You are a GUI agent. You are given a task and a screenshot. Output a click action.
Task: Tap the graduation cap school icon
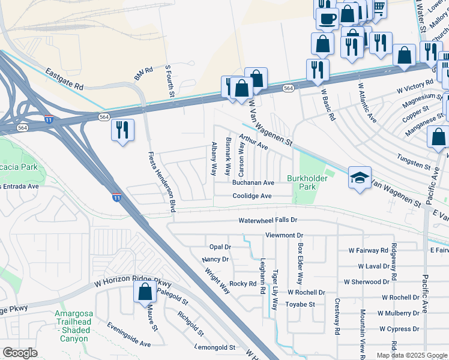(360, 178)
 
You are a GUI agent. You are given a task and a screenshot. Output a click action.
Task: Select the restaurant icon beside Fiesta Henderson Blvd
(122, 130)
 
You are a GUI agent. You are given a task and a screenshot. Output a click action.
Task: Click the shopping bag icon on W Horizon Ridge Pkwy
(145, 292)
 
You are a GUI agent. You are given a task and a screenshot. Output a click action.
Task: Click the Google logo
(20, 352)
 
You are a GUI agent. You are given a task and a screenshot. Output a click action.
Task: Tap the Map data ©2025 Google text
(411, 355)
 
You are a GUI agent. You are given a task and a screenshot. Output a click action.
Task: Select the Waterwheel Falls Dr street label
(268, 221)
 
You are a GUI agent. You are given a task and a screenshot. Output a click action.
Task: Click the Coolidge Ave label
(253, 196)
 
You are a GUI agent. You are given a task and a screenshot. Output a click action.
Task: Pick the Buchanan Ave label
(253, 182)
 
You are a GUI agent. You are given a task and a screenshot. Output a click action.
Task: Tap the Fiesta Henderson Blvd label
(161, 182)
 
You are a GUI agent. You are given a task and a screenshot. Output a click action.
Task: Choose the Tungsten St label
(414, 161)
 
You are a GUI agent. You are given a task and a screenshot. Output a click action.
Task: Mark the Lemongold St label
(215, 347)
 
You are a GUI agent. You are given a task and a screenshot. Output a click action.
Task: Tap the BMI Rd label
(144, 74)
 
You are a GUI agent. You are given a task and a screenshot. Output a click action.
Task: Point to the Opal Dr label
(220, 247)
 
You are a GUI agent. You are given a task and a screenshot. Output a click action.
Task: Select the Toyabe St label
(300, 304)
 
